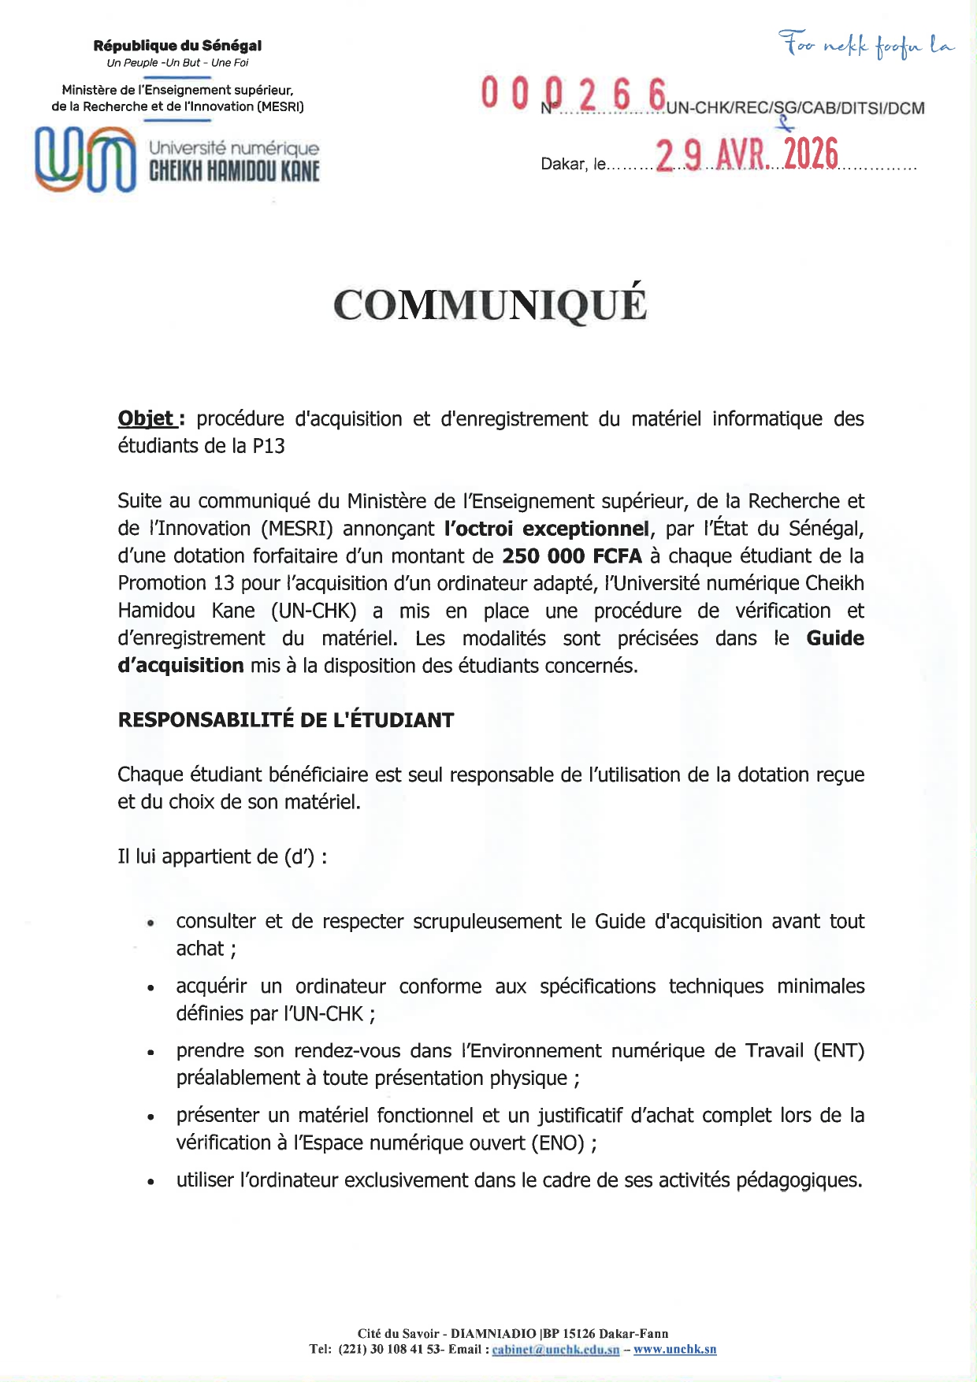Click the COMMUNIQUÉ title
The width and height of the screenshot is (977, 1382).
489,305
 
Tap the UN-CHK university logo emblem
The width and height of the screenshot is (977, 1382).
85,159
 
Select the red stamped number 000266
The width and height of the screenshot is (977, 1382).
574,95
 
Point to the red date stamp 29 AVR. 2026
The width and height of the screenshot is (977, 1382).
746,154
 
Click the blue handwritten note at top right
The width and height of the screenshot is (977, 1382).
866,45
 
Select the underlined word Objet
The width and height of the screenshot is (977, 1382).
146,418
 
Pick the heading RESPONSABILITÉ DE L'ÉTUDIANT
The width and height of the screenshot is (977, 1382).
286,720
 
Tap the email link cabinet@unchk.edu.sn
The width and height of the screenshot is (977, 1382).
555,1350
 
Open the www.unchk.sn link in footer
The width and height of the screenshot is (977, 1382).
675,1350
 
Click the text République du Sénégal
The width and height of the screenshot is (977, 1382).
177,46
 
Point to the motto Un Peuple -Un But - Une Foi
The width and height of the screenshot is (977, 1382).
177,63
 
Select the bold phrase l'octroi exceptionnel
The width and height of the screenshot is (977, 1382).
547,529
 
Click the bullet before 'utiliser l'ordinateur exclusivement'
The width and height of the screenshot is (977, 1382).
150,1182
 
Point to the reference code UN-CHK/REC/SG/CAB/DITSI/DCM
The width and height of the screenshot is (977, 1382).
796,109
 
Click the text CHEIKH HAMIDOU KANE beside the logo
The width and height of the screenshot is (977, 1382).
234,171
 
